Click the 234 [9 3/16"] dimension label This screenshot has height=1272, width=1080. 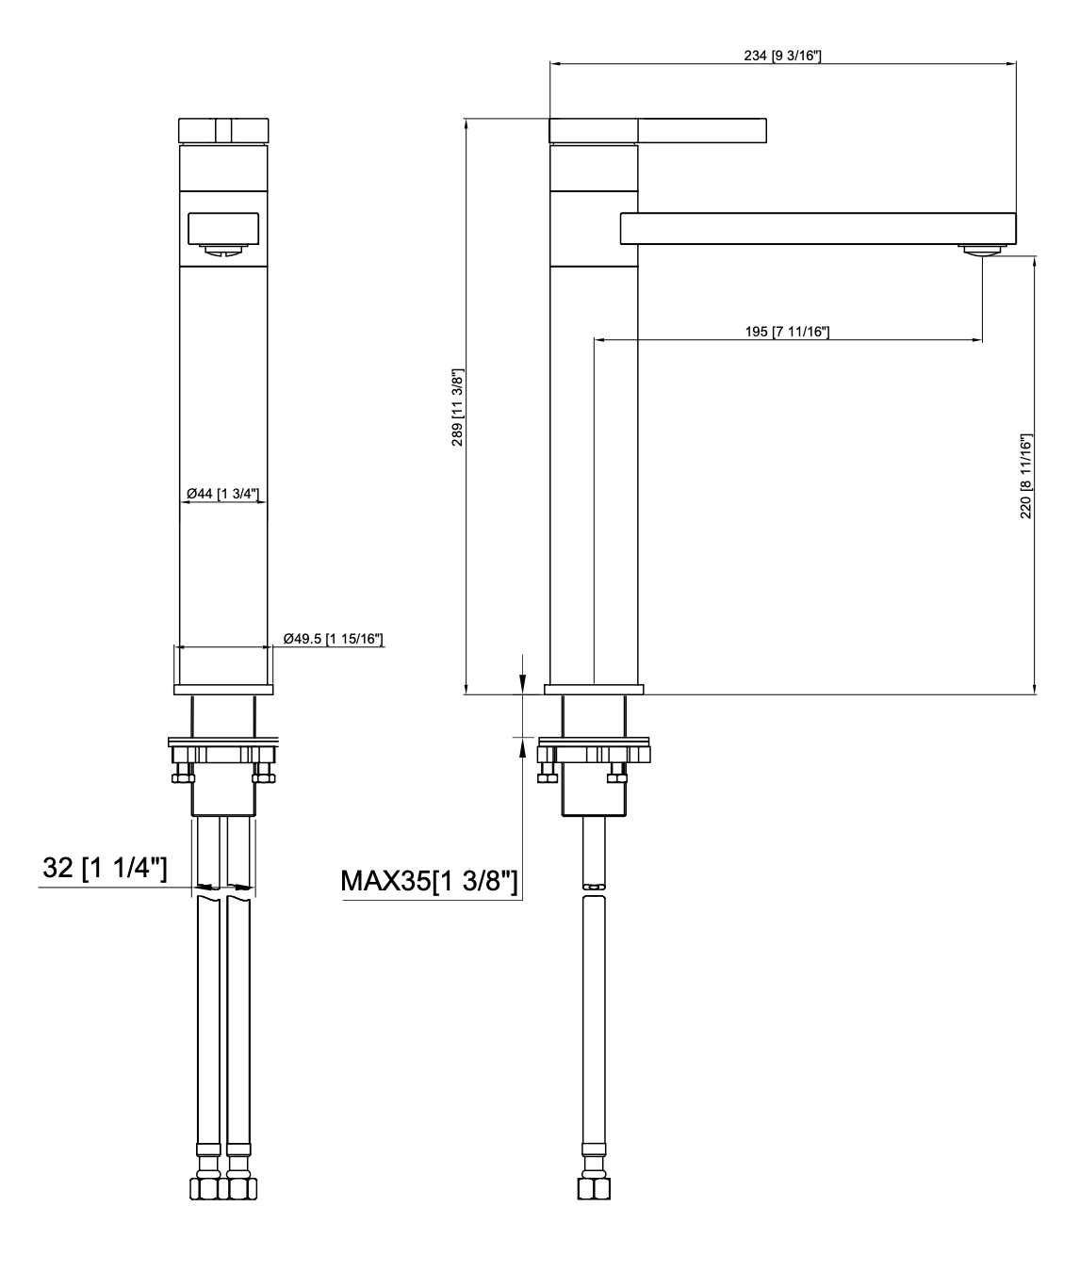click(x=782, y=56)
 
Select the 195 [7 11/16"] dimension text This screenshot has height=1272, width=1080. click(x=787, y=332)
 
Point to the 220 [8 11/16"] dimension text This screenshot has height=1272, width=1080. click(x=1026, y=476)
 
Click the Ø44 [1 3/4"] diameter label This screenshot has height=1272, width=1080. click(x=223, y=494)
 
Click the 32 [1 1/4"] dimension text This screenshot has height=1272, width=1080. click(x=105, y=868)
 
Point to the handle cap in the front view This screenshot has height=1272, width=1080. click(x=223, y=130)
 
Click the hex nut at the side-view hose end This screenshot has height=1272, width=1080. click(x=591, y=1185)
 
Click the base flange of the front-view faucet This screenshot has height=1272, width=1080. click(x=223, y=689)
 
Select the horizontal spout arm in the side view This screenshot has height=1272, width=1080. click(x=816, y=227)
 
